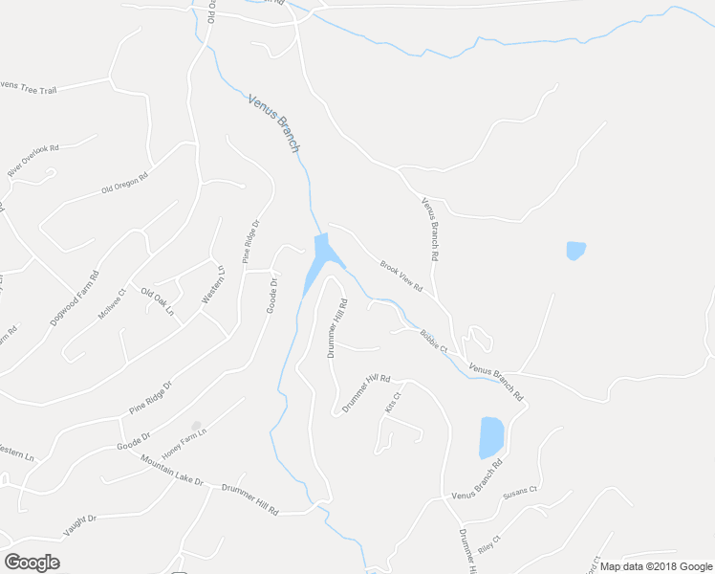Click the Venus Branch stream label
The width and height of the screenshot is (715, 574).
pos(274,123)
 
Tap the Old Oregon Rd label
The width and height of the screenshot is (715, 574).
pos(125,184)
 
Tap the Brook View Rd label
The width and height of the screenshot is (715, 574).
pos(401,276)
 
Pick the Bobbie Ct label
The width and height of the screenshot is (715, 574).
pos(434,341)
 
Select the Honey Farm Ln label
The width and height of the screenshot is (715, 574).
pos(184,442)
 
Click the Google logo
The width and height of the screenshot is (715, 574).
pos(32,562)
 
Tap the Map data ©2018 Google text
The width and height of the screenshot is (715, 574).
pos(657,566)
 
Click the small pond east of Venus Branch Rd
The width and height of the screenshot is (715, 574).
pos(575,251)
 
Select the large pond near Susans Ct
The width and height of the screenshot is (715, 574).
pos(491,437)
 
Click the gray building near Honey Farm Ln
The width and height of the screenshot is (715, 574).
pos(196,426)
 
